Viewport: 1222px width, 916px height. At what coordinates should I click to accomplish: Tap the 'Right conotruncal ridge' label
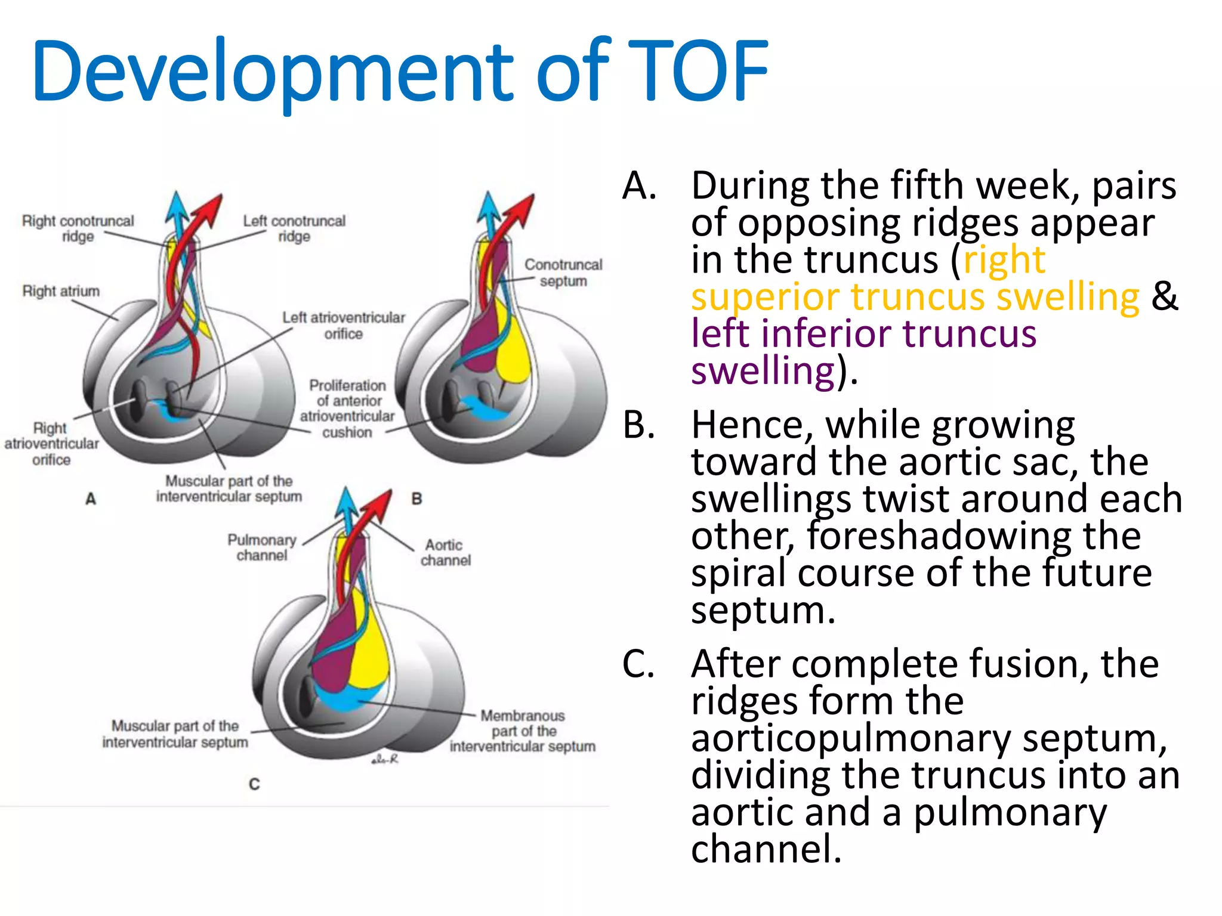78,228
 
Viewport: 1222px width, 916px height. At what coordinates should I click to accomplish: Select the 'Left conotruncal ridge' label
294,228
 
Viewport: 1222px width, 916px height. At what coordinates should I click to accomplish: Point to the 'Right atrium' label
61,291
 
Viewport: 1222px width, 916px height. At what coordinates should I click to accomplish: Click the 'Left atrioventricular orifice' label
344,325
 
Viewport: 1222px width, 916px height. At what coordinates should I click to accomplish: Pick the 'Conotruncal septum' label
563,273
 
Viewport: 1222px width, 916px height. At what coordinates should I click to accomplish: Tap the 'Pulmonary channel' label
262,547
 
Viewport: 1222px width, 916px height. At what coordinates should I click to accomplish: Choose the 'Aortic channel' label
445,552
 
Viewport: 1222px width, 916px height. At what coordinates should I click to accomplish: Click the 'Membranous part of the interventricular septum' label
523,731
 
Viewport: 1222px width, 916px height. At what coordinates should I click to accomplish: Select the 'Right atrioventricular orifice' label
51,444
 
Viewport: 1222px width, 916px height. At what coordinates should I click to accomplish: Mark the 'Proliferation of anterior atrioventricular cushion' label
347,409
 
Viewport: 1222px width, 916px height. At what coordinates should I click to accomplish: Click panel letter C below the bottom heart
254,784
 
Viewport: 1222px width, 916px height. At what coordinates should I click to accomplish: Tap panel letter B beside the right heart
416,499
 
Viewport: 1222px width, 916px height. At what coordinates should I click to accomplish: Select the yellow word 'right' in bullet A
1004,260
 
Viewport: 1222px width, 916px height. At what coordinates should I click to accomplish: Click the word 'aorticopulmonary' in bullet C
851,738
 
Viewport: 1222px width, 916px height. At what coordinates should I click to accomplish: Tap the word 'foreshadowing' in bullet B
974,536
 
